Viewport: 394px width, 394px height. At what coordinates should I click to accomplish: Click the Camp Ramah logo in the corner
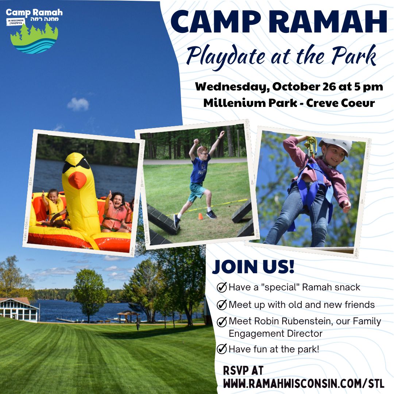(34, 31)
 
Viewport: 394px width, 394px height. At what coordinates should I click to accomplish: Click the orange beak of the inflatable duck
(78, 179)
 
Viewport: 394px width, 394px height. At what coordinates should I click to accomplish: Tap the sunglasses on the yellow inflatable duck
(76, 166)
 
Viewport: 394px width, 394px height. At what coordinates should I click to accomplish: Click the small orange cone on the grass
(200, 216)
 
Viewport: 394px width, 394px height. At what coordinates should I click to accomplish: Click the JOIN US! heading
(253, 267)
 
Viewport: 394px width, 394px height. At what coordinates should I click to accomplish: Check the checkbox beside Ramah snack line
(221, 287)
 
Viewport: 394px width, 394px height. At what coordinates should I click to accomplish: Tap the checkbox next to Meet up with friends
(221, 305)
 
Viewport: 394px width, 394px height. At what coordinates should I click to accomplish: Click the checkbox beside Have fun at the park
(221, 349)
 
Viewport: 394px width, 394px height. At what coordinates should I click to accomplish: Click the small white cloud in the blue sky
(78, 104)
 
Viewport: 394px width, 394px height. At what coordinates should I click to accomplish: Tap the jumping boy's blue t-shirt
(200, 170)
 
